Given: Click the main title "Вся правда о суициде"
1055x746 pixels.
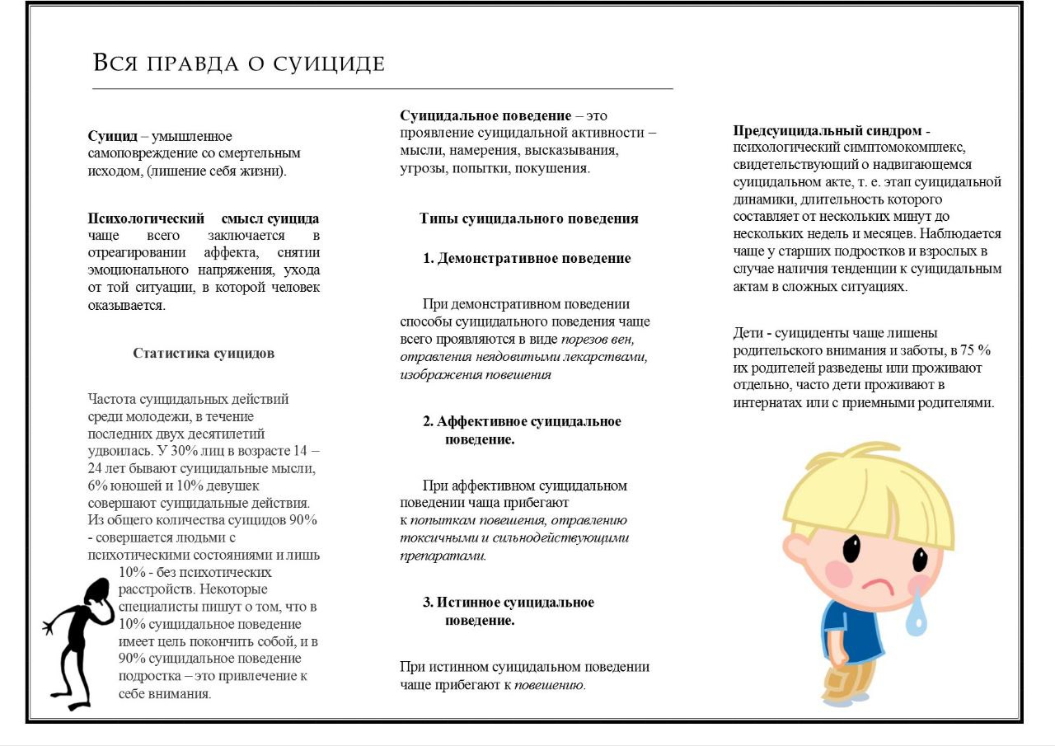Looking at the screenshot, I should [238, 63].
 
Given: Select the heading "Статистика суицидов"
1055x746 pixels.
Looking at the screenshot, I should [204, 354].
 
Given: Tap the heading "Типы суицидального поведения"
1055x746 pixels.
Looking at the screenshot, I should [528, 219].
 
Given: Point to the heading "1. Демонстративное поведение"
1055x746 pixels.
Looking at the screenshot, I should [527, 259].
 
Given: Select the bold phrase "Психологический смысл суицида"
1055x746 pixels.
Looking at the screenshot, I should [204, 219].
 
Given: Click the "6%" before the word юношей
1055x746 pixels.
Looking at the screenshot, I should [98, 486].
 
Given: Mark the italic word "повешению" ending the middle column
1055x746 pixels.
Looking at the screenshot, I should [550, 685].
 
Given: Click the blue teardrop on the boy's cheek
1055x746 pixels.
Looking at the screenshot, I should [916, 615].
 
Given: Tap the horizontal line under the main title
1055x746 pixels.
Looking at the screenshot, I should [382, 88].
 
